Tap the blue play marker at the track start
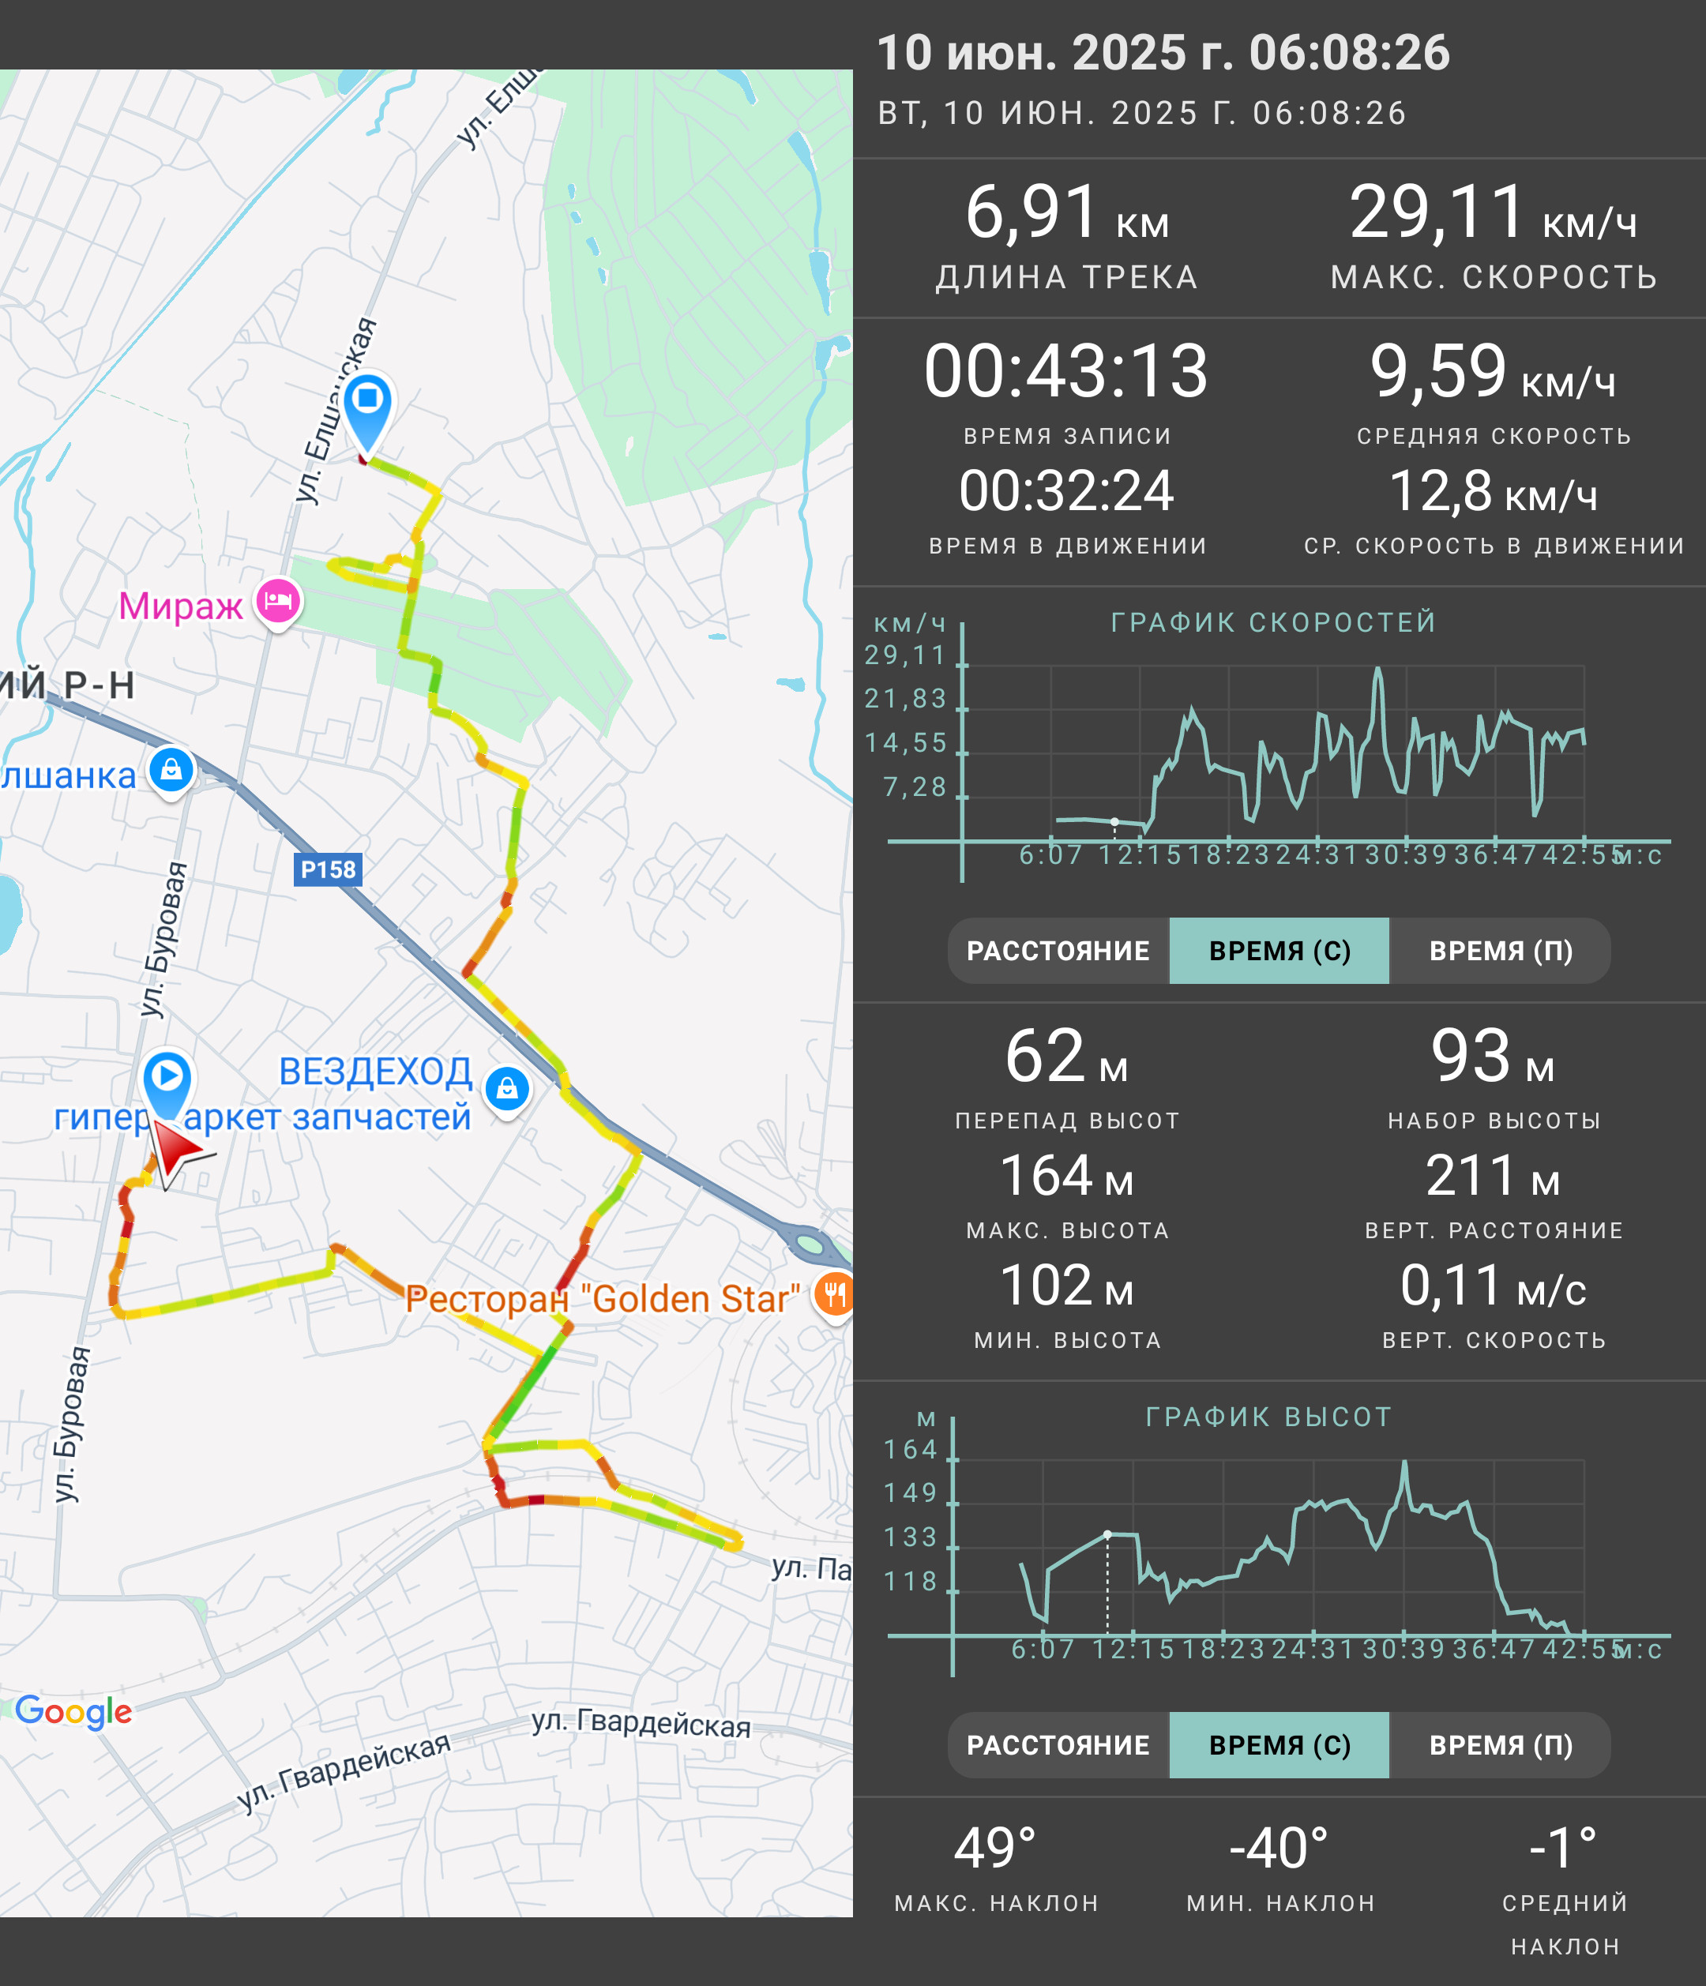(x=167, y=1081)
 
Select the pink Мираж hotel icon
(x=278, y=602)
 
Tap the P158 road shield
(x=328, y=869)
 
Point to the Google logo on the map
(x=73, y=1712)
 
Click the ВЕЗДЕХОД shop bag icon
(x=508, y=1089)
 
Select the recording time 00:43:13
(x=1065, y=371)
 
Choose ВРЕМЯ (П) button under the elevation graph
(x=1501, y=1745)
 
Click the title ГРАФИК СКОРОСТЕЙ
(x=1274, y=622)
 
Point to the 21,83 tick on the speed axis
(x=905, y=699)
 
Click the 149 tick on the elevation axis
(x=911, y=1493)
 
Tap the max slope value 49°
(x=996, y=1848)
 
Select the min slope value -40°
(x=1279, y=1848)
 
